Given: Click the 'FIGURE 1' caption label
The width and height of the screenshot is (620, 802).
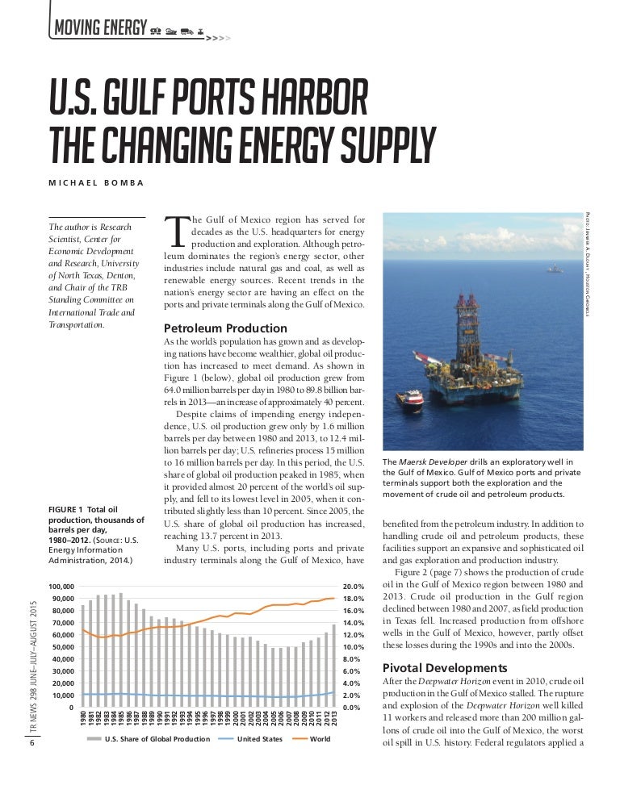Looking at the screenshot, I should [x=72, y=510].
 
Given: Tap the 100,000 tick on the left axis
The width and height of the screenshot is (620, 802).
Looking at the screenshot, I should [x=62, y=587].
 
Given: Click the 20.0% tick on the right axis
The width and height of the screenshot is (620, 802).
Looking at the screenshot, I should [x=354, y=587].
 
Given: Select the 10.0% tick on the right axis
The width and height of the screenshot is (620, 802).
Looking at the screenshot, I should [x=354, y=647].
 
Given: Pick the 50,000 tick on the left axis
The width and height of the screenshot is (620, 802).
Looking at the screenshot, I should [x=62, y=647].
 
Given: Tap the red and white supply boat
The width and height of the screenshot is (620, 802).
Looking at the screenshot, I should [x=413, y=400].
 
